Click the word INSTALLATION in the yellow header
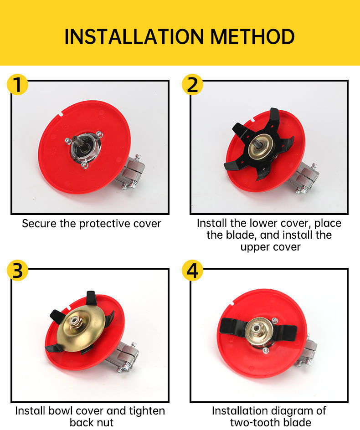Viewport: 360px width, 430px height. (x=134, y=36)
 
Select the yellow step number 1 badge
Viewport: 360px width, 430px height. (x=18, y=84)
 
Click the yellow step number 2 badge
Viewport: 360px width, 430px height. (x=193, y=84)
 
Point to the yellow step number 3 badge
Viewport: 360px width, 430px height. (x=18, y=271)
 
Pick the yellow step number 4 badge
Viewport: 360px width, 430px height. (x=193, y=271)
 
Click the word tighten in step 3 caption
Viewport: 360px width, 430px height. (x=147, y=411)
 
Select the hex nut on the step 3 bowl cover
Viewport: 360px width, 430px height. (x=74, y=322)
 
